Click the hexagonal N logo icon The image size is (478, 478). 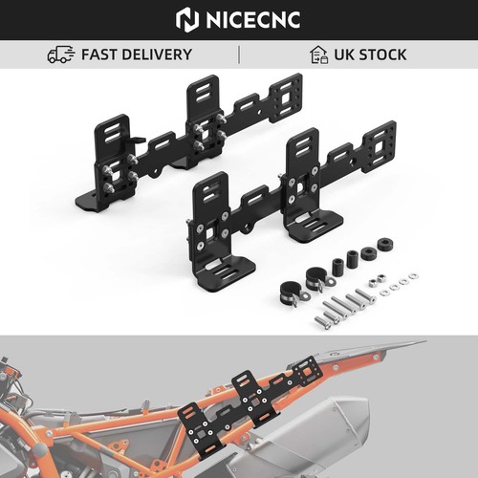click(x=187, y=20)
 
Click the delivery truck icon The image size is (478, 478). click(x=61, y=54)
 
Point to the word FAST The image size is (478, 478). click(x=99, y=54)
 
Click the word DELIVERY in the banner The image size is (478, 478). click(x=157, y=54)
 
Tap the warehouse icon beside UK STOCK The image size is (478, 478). click(x=319, y=54)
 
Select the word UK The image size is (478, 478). click(x=344, y=54)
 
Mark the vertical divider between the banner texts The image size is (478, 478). click(x=239, y=54)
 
